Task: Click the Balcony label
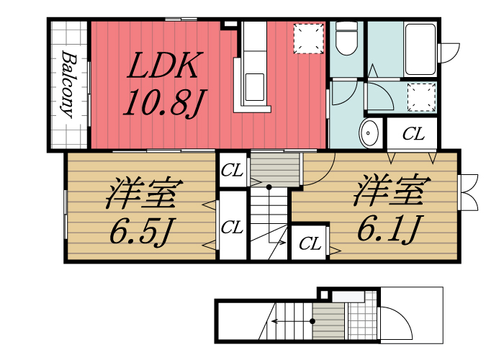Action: click(x=69, y=84)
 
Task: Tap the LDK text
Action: click(x=163, y=68)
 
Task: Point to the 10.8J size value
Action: click(x=161, y=104)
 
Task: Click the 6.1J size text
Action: click(x=389, y=229)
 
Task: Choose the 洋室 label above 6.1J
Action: click(x=391, y=191)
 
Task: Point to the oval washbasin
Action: click(x=370, y=133)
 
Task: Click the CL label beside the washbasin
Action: click(x=413, y=134)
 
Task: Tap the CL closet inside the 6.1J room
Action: click(x=310, y=244)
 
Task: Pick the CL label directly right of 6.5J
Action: click(x=232, y=228)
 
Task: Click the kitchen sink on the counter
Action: click(x=256, y=87)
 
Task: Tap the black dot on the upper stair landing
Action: click(x=269, y=186)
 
